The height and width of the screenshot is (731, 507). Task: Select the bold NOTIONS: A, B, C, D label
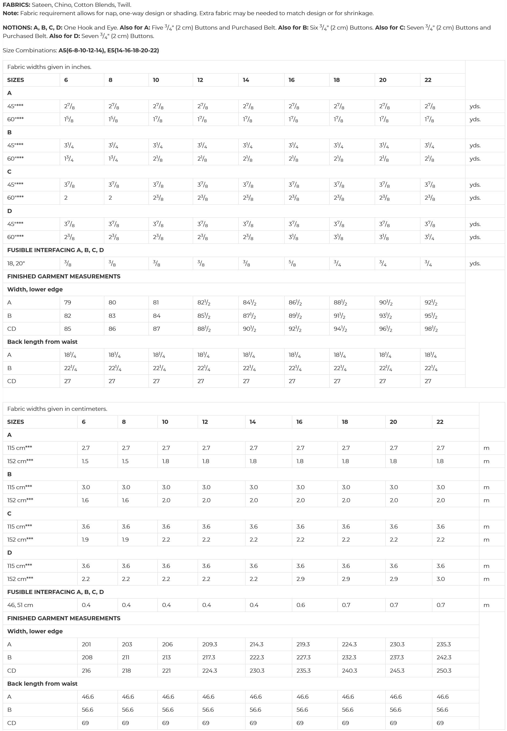pyautogui.click(x=33, y=28)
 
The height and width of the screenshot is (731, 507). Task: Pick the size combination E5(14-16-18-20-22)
pyautogui.click(x=133, y=50)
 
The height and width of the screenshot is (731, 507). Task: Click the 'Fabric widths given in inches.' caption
pyautogui.click(x=49, y=67)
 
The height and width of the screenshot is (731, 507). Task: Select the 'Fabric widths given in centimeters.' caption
pyautogui.click(x=57, y=409)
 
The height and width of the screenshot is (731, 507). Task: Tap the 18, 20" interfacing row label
pyautogui.click(x=16, y=263)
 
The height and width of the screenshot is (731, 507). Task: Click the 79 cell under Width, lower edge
pyautogui.click(x=68, y=303)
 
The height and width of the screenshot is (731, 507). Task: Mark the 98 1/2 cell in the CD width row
pyautogui.click(x=431, y=329)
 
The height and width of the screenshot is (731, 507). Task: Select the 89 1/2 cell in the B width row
pyautogui.click(x=295, y=316)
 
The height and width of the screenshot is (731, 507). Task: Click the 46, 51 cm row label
pyautogui.click(x=20, y=605)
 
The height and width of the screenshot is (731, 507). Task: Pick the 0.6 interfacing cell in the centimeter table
pyautogui.click(x=301, y=605)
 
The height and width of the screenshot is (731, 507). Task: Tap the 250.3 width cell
pyautogui.click(x=444, y=671)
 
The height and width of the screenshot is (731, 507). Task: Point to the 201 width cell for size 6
pyautogui.click(x=86, y=644)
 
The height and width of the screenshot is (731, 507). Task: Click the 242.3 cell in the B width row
pyautogui.click(x=444, y=657)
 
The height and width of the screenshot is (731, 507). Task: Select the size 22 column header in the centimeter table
pyautogui.click(x=440, y=422)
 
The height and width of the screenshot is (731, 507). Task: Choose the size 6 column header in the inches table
pyautogui.click(x=66, y=80)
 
